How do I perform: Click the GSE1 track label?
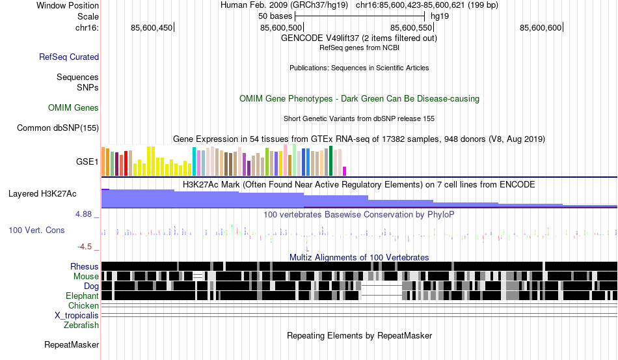pos(87,161)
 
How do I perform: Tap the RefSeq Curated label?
pos(69,57)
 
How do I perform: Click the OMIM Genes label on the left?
pos(74,108)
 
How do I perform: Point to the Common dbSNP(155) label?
pos(58,128)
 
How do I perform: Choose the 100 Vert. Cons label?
pos(36,230)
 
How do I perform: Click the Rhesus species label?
pos(85,267)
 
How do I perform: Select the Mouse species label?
pos(86,277)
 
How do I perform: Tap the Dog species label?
pos(91,286)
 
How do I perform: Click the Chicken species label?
pos(83,306)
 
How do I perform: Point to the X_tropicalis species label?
pos(77,316)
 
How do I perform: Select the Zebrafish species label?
pos(81,325)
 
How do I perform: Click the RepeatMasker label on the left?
pos(72,345)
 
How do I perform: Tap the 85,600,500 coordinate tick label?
pos(281,28)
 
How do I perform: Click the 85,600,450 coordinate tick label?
pos(152,28)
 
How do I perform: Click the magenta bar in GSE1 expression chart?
pos(345,171)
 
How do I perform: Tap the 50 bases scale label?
pos(271,16)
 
